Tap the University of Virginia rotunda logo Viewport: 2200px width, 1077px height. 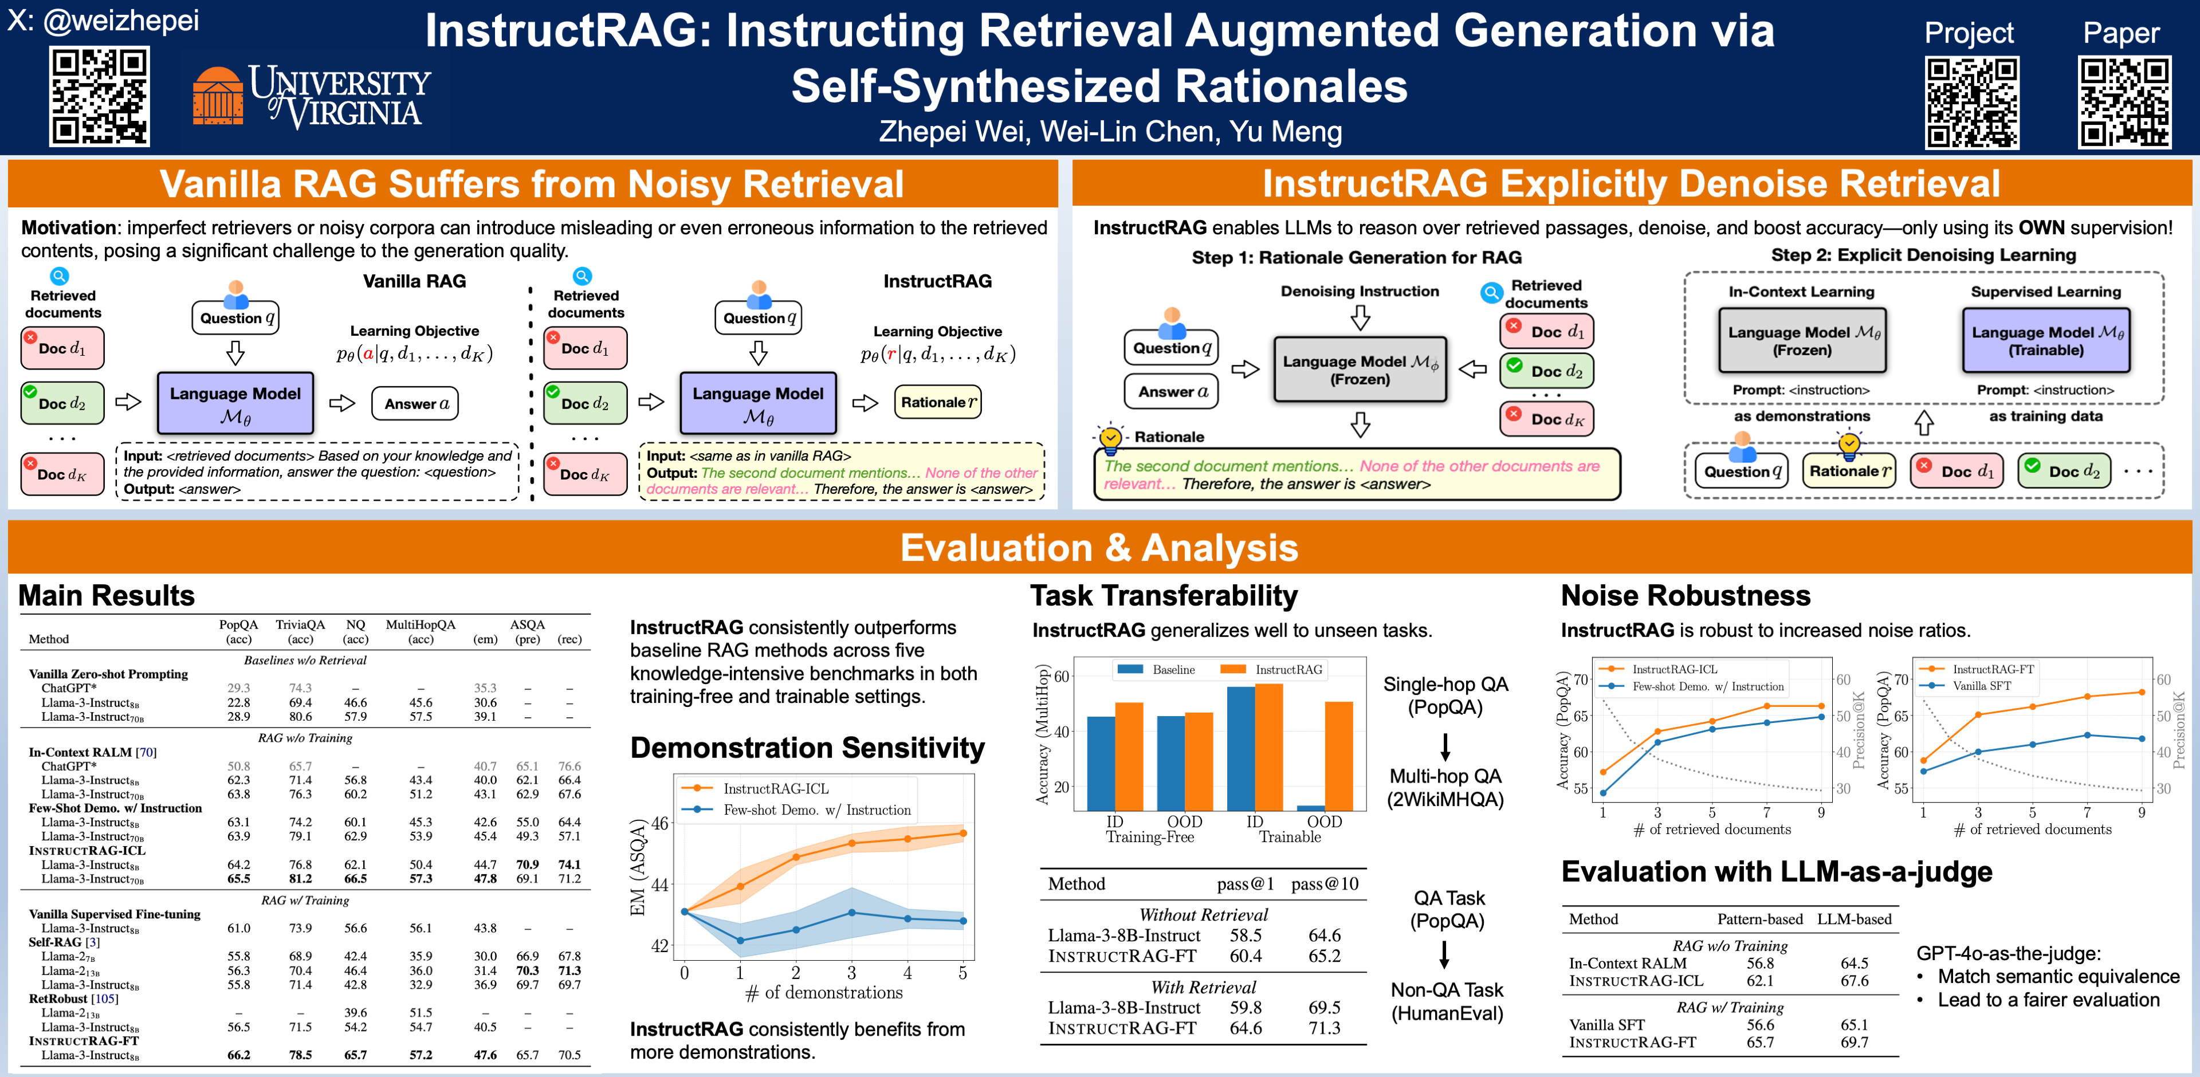tap(218, 96)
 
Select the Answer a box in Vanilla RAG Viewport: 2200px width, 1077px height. tap(415, 404)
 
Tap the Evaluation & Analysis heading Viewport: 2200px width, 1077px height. tap(1099, 548)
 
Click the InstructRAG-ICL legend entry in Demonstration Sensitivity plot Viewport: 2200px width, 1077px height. tap(776, 788)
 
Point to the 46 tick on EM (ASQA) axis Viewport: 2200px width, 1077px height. tap(660, 823)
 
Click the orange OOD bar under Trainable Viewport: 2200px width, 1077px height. tap(1338, 755)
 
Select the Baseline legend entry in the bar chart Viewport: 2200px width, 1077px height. tap(1173, 670)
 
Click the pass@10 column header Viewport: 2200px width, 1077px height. tap(1325, 884)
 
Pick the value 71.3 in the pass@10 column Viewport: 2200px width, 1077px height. tap(1325, 1028)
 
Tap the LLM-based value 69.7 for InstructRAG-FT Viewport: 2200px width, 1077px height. tap(1854, 1042)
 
